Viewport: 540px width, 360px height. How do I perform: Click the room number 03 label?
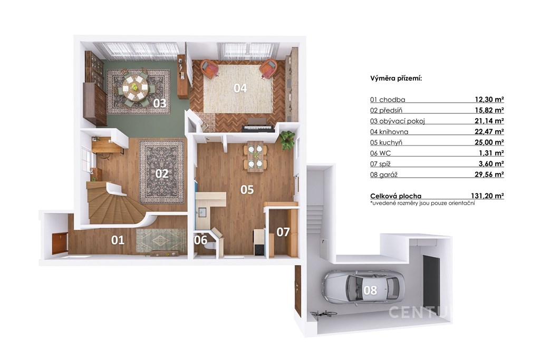tap(160, 103)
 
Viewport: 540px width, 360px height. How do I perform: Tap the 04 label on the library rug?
tap(240, 88)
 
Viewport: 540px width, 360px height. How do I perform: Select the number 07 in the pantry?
tap(283, 232)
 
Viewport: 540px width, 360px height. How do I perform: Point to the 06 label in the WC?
tap(200, 240)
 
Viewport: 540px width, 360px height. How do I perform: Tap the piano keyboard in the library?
tap(258, 129)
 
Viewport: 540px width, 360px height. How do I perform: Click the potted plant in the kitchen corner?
tap(287, 140)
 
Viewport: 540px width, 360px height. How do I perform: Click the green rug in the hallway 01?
tap(161, 240)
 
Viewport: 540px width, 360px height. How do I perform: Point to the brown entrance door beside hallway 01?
tap(59, 244)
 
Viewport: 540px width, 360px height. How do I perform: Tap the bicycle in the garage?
tap(323, 314)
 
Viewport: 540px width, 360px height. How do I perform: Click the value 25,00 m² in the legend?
tap(489, 142)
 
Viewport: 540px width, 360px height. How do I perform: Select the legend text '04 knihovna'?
tap(389, 131)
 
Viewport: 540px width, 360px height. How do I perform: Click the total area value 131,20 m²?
tap(487, 196)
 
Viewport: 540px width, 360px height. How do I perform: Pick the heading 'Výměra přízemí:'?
tap(396, 79)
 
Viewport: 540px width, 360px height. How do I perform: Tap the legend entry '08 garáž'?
tap(384, 174)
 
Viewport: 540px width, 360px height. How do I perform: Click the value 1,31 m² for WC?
tap(491, 153)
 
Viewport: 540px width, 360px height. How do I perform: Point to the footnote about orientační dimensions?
tap(422, 203)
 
